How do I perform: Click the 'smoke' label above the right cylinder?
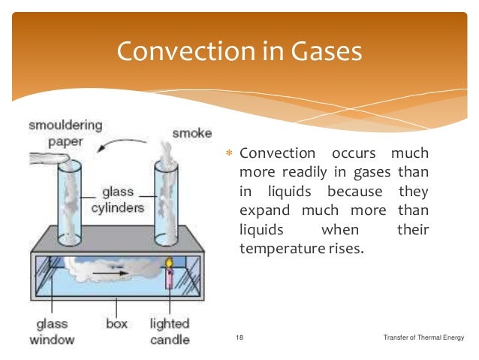click(x=188, y=134)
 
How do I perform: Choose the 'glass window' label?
click(x=53, y=331)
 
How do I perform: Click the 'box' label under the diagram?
click(x=117, y=325)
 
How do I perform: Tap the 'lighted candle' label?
click(x=170, y=331)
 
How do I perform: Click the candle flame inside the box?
click(x=170, y=264)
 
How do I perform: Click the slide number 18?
click(x=239, y=339)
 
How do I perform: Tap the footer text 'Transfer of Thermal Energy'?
click(x=423, y=339)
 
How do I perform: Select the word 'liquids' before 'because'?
click(x=261, y=191)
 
